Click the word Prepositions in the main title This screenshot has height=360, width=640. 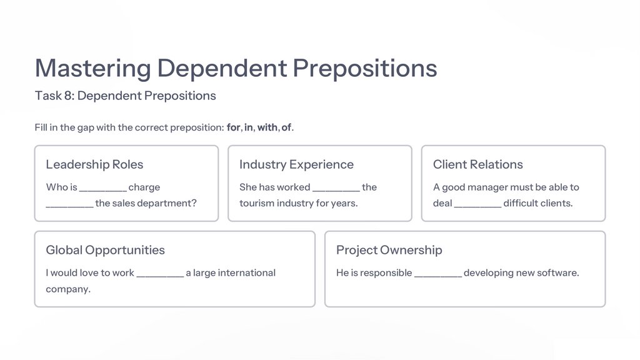pos(365,67)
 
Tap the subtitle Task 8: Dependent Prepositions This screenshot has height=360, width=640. pos(126,96)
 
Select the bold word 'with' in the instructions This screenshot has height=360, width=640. pos(267,127)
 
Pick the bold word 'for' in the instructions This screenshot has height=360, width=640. pos(233,127)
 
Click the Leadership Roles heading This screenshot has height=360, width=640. pos(94,164)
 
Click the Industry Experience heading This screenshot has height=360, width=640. pos(296,164)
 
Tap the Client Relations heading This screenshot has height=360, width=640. pos(477,164)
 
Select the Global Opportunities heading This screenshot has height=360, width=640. pos(105,250)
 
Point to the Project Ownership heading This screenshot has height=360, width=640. pos(389,250)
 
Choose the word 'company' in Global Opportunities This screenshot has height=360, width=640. pos(67,289)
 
